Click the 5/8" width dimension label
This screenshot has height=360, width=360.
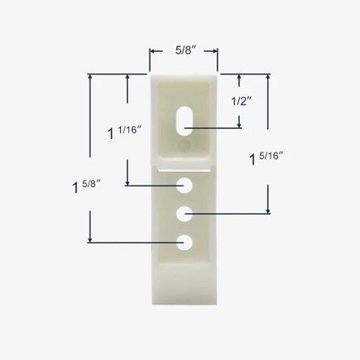(x=186, y=50)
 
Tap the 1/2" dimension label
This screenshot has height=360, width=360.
(x=241, y=101)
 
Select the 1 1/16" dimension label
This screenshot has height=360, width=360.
(x=125, y=132)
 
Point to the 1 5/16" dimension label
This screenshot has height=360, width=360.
(x=266, y=159)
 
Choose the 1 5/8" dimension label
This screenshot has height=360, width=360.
(x=86, y=186)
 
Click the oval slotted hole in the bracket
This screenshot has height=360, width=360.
(x=185, y=121)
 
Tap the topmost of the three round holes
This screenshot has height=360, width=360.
(x=184, y=186)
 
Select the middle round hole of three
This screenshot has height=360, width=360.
(x=184, y=214)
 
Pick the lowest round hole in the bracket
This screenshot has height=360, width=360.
(x=184, y=243)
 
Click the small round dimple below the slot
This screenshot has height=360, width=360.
(x=184, y=145)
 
